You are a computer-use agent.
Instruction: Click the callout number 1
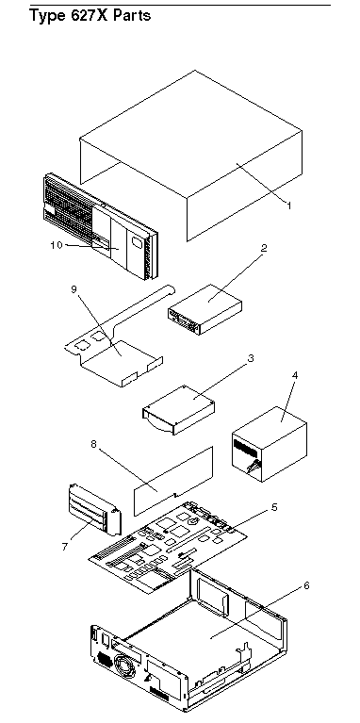pyautogui.click(x=289, y=205)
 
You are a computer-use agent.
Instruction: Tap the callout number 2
pyautogui.click(x=264, y=248)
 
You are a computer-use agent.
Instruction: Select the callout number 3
pyautogui.click(x=251, y=359)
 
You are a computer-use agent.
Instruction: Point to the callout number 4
pyautogui.click(x=295, y=375)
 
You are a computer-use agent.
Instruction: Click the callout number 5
pyautogui.click(x=274, y=507)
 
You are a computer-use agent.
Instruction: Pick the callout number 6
pyautogui.click(x=306, y=585)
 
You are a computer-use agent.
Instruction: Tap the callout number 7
pyautogui.click(x=64, y=547)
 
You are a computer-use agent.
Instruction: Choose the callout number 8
pyautogui.click(x=94, y=445)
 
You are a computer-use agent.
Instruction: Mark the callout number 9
pyautogui.click(x=74, y=289)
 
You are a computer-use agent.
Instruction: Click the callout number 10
pyautogui.click(x=57, y=245)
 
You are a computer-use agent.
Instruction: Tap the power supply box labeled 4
pyautogui.click(x=270, y=444)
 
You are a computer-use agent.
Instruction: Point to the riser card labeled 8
pyautogui.click(x=173, y=481)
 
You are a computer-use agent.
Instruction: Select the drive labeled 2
pyautogui.click(x=205, y=309)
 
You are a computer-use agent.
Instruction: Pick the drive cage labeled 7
pyautogui.click(x=94, y=509)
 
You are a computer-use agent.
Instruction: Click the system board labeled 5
pyautogui.click(x=169, y=548)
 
